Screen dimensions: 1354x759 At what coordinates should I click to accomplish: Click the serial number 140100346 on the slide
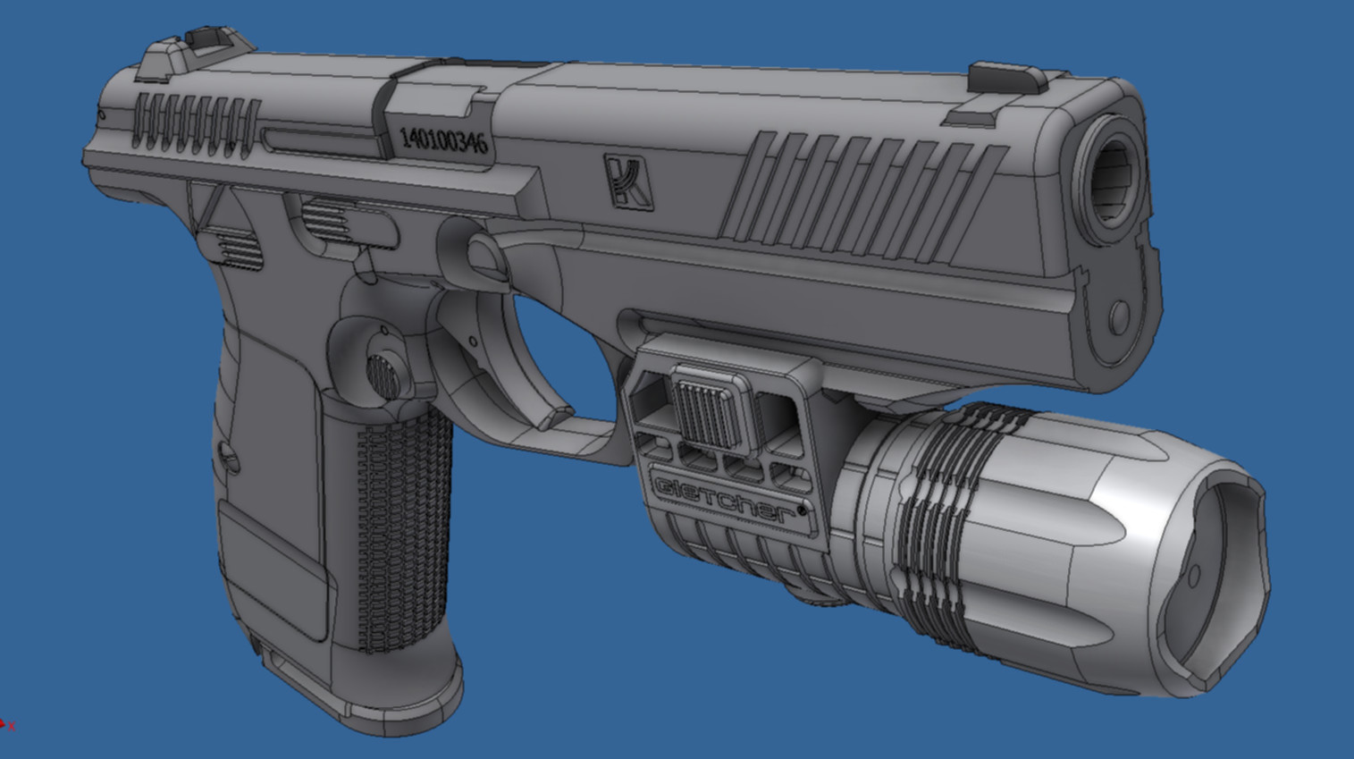pos(444,141)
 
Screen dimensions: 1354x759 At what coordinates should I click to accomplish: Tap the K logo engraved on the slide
pos(628,182)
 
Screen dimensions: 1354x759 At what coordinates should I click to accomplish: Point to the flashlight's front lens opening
pos(1215,579)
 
